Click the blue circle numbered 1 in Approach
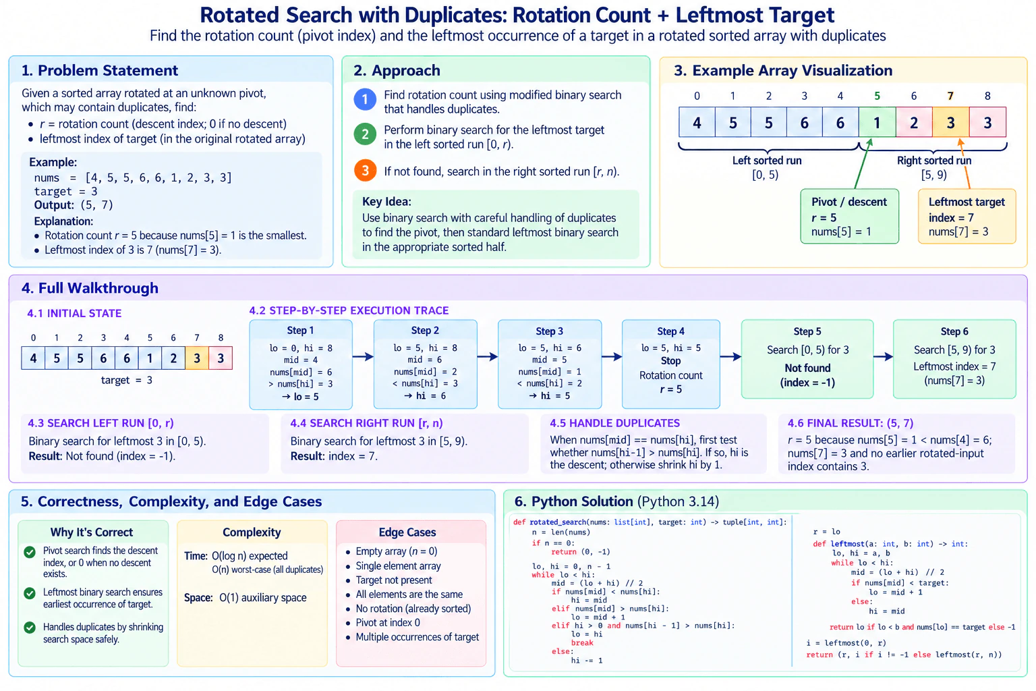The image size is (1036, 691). click(x=365, y=99)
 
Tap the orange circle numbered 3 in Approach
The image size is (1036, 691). click(x=365, y=170)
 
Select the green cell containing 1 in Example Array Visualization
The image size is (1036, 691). click(x=877, y=122)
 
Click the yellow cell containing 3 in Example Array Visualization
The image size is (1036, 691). click(x=950, y=122)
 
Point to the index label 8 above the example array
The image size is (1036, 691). click(x=987, y=96)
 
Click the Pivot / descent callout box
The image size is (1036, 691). click(x=850, y=216)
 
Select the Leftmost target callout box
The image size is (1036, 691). click(x=967, y=216)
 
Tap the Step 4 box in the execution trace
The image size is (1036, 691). click(x=670, y=364)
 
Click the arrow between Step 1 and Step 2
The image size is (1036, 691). click(x=363, y=356)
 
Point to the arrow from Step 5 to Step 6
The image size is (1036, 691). click(x=883, y=356)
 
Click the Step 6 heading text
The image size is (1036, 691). click(x=954, y=331)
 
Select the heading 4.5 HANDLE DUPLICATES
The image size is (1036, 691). click(x=614, y=423)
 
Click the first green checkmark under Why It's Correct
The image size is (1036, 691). click(x=30, y=552)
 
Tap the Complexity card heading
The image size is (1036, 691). click(x=252, y=532)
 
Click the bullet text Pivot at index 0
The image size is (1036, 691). click(x=388, y=622)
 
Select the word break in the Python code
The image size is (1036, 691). click(x=582, y=643)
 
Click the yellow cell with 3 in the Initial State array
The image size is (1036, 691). click(x=196, y=358)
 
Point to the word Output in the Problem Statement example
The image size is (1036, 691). click(x=53, y=204)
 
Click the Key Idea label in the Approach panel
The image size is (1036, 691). click(x=386, y=201)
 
